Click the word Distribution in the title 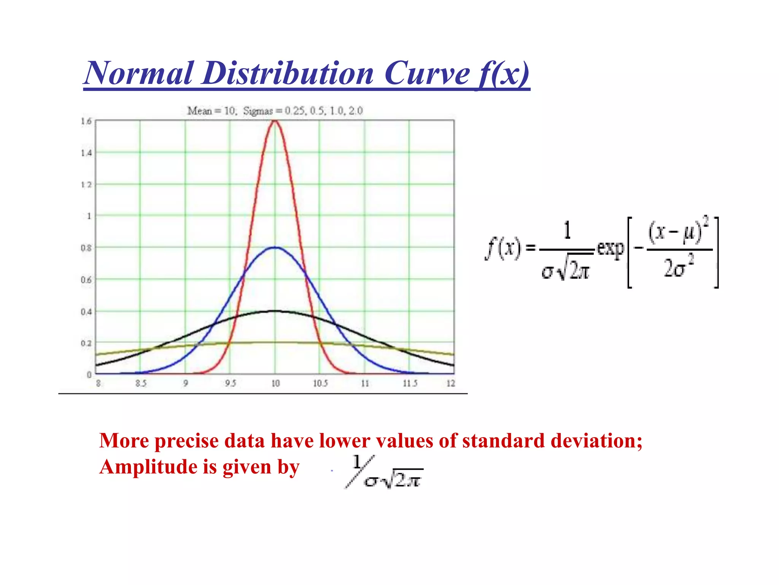[288, 74]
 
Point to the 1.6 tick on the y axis [86, 121]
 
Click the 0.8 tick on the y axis [86, 248]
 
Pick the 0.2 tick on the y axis [86, 343]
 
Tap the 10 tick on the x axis [275, 383]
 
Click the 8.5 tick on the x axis [141, 383]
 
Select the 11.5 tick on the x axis [410, 383]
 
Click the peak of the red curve [275, 121]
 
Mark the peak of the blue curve [275, 248]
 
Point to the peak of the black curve [275, 311]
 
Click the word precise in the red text [186, 441]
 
